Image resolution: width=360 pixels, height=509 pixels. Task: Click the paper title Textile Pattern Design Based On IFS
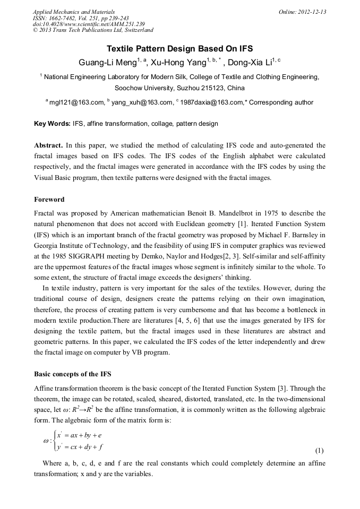point(180,48)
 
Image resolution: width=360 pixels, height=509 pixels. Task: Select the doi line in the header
point(88,24)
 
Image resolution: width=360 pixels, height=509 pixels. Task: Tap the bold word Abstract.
point(49,145)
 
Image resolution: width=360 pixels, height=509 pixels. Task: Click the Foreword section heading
point(49,200)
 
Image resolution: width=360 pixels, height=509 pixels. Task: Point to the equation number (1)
point(319,451)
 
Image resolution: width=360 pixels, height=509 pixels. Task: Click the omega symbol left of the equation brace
point(46,441)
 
